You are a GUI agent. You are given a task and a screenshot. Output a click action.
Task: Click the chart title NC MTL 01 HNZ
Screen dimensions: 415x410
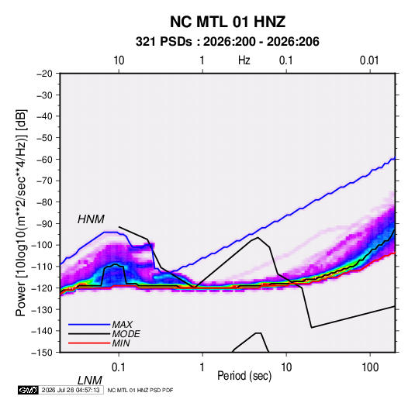227,22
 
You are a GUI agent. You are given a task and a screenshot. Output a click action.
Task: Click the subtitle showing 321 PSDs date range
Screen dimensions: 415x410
227,42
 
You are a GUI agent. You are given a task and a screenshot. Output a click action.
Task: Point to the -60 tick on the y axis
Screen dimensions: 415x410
44,159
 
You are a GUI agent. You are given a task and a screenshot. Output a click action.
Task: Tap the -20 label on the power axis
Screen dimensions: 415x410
44,74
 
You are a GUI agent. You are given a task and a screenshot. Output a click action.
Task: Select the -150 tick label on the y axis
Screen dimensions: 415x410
42,353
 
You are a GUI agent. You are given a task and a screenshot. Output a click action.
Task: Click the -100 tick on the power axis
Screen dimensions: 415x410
42,245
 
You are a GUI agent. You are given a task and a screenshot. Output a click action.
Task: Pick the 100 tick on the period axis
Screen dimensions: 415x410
369,367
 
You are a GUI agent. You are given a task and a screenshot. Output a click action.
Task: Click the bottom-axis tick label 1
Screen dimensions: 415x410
202,367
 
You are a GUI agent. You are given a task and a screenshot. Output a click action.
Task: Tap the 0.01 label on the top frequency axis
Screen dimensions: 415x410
369,60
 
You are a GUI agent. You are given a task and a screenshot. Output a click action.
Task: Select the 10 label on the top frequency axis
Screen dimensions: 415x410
119,60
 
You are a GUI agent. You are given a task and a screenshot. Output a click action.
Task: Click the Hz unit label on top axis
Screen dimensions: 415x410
244,60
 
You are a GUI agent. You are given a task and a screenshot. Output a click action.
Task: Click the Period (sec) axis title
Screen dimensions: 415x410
244,376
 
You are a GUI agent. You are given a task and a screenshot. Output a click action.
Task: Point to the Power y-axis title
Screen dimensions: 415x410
21,213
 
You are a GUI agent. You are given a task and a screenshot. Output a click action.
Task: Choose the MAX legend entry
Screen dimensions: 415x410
122,325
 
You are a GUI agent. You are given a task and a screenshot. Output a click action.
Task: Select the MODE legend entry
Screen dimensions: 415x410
126,334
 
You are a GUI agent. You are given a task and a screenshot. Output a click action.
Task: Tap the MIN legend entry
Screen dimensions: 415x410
121,343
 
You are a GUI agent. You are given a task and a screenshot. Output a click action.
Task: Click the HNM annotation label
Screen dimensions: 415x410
91,219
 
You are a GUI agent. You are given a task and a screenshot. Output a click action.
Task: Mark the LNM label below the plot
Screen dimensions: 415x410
90,381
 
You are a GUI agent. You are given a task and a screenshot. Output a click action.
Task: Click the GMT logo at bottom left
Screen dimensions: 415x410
29,390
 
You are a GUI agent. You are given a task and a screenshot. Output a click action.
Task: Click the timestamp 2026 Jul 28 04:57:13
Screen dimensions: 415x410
71,390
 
